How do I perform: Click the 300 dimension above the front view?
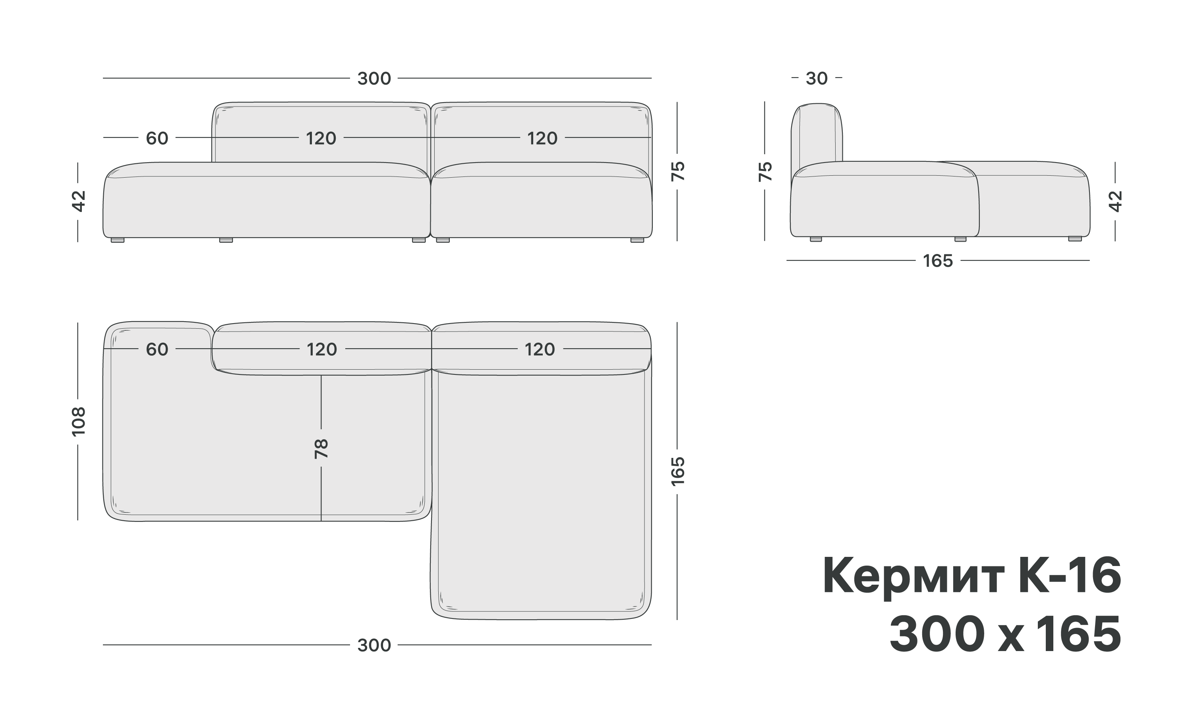click(373, 78)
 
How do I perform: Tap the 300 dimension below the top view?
click(373, 645)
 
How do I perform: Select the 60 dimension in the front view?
click(157, 138)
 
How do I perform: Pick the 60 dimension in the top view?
click(157, 349)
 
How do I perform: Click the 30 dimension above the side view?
click(816, 78)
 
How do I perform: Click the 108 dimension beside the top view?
click(78, 421)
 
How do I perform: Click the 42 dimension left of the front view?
click(78, 201)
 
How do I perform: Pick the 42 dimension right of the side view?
click(1115, 201)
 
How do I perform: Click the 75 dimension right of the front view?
click(678, 171)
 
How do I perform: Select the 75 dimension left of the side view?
click(765, 171)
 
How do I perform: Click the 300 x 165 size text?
click(1005, 634)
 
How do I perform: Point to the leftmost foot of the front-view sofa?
click(118, 240)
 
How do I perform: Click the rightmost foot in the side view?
click(1074, 238)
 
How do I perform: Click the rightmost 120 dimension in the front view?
click(542, 138)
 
